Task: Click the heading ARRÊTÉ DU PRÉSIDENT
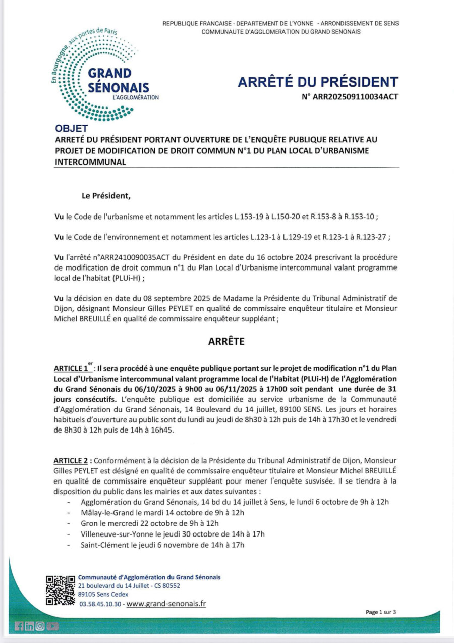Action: (317, 82)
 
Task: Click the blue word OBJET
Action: (71, 129)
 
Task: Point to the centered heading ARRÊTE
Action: (226, 342)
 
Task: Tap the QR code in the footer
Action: (61, 590)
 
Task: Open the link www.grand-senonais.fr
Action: (166, 604)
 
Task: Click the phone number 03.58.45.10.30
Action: (100, 604)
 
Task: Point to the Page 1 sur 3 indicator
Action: (381, 612)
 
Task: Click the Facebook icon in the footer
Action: (19, 626)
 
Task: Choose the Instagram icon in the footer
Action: (40, 626)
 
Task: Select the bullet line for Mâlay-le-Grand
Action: (162, 512)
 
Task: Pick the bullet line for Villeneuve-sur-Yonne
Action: (173, 534)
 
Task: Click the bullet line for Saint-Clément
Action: (162, 545)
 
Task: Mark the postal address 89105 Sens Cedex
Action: (103, 594)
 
